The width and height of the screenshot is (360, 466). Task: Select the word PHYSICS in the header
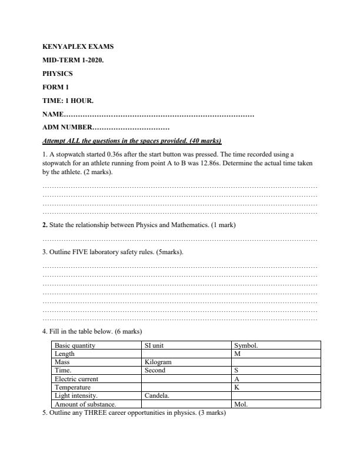[x=58, y=74]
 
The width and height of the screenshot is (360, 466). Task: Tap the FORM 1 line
[x=56, y=88]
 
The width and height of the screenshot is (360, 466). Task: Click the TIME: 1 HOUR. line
[x=68, y=101]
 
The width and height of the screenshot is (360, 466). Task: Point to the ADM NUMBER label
[x=67, y=127]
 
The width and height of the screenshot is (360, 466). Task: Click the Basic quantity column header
[x=75, y=346]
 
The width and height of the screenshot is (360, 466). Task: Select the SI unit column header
[x=154, y=346]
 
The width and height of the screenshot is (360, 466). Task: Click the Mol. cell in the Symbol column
[x=241, y=405]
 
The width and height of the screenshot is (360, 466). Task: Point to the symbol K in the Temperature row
[x=236, y=388]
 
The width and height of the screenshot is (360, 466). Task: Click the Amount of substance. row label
[x=85, y=405]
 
